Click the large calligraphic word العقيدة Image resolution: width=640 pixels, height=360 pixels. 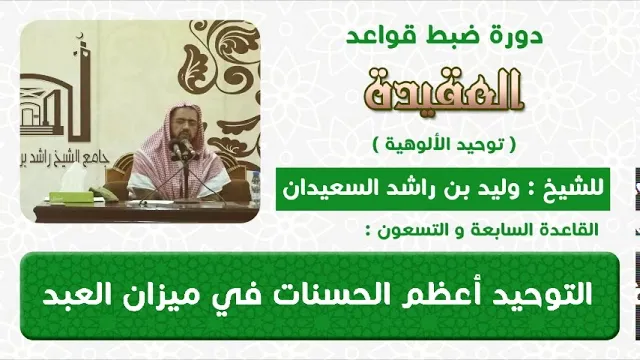(444, 91)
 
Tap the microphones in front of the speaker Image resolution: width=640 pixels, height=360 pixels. (182, 149)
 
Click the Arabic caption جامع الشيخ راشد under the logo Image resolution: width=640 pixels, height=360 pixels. (64, 160)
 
